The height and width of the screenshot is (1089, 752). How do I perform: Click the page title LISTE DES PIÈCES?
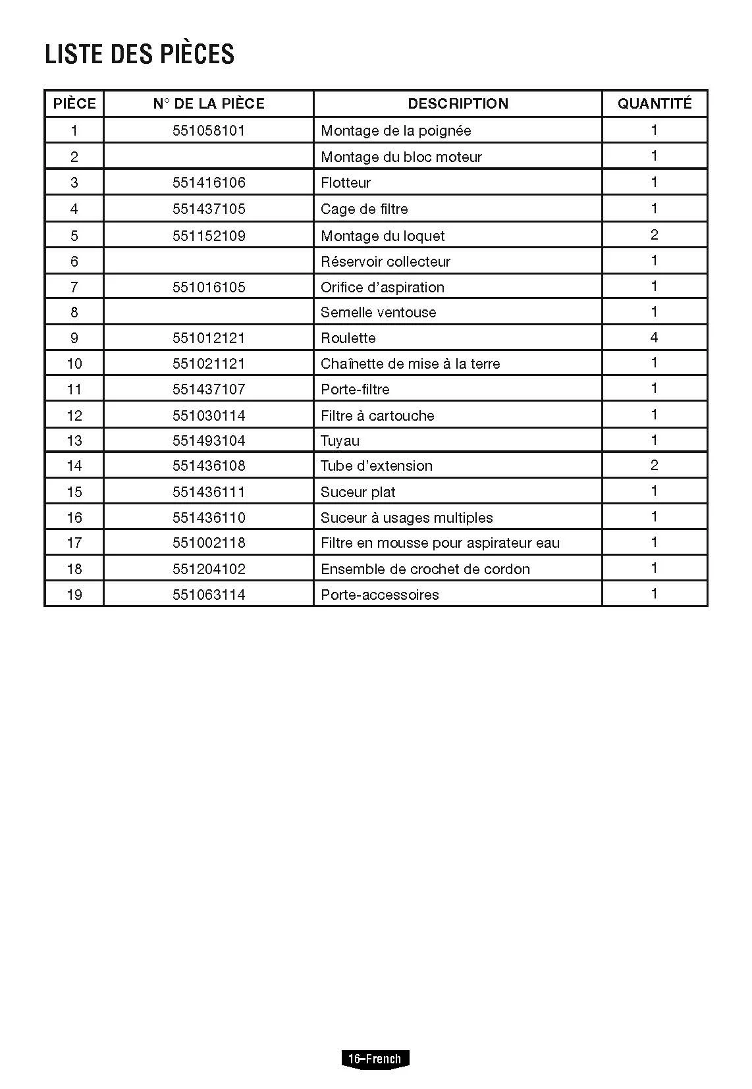[x=140, y=54]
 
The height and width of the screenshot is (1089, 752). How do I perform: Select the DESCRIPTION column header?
[x=458, y=103]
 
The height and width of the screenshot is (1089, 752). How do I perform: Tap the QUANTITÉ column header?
[x=655, y=103]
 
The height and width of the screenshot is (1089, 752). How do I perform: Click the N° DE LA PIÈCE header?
[x=209, y=103]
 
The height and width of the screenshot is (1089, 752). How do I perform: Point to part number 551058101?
[x=209, y=130]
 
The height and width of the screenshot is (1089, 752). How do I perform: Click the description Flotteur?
[x=346, y=182]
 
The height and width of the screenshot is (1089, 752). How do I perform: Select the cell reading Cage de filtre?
[x=364, y=209]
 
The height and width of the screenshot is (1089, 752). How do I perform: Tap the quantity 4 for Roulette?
[x=654, y=337]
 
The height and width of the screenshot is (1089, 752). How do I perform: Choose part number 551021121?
[x=209, y=363]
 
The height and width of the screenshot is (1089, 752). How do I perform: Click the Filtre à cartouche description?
[x=377, y=415]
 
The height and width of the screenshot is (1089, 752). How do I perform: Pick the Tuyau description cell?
[x=340, y=440]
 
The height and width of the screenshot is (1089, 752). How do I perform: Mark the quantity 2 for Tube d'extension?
[x=654, y=465]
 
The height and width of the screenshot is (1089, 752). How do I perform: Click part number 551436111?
[x=209, y=492]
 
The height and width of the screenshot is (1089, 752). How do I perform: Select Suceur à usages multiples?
[x=406, y=518]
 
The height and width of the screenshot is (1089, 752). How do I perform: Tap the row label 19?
[x=74, y=595]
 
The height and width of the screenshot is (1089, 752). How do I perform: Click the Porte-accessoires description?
[x=379, y=595]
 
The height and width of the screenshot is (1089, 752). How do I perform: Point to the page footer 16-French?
[x=375, y=1059]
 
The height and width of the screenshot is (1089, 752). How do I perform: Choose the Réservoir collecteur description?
[x=385, y=261]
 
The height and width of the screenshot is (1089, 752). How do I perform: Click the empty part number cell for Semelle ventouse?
[x=209, y=312]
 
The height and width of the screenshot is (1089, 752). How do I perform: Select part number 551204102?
[x=209, y=569]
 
